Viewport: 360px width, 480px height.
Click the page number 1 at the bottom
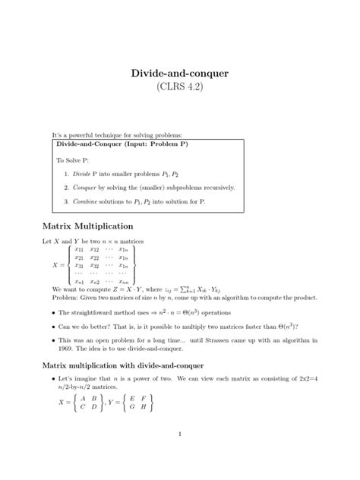[179, 434]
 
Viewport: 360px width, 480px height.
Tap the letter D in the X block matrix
[94, 406]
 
